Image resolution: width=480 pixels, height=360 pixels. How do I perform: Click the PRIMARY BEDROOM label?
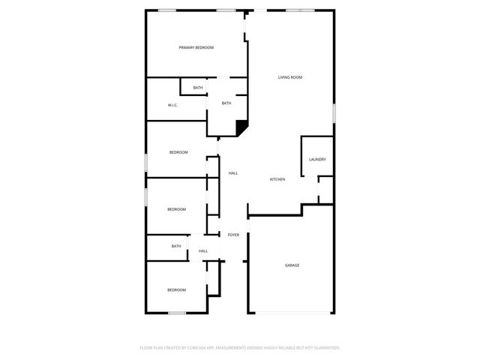click(x=196, y=48)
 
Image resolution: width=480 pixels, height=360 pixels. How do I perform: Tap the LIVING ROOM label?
click(x=290, y=77)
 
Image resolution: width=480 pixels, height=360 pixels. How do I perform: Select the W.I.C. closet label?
click(x=172, y=105)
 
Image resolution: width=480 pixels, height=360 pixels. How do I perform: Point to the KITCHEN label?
click(x=277, y=179)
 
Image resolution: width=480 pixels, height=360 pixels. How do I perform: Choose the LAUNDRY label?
click(x=316, y=159)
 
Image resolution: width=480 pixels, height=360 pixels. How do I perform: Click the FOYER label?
click(x=233, y=235)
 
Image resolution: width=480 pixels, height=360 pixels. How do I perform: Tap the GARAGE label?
click(x=292, y=265)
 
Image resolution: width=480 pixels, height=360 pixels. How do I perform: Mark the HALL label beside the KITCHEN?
click(x=233, y=173)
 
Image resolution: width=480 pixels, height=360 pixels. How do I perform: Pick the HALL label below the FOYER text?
click(x=203, y=250)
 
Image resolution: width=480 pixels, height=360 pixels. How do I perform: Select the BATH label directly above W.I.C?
click(x=198, y=88)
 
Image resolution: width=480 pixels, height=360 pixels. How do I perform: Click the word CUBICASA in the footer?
click(x=195, y=348)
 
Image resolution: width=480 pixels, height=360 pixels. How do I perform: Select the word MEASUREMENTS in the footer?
click(x=233, y=348)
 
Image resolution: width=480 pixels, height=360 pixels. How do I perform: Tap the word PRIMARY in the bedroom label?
click(x=187, y=48)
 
